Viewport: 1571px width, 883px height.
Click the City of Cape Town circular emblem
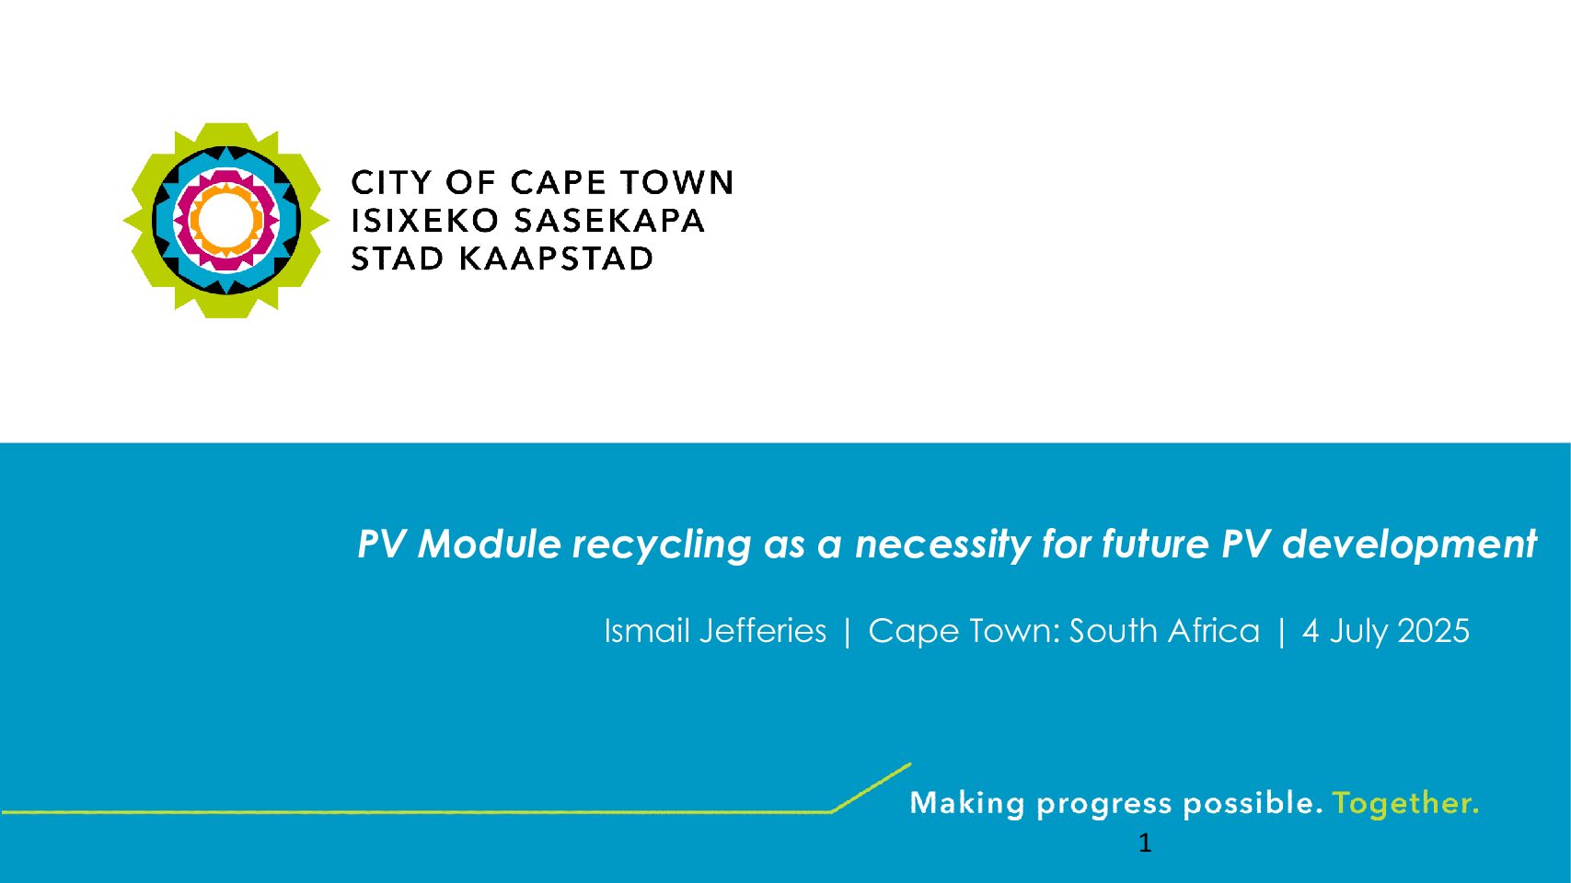[225, 220]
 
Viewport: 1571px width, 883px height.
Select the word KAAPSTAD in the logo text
[556, 258]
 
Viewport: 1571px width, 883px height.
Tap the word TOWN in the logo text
[676, 182]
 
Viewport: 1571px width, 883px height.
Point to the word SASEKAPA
[609, 220]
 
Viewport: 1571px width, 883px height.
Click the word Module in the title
[490, 544]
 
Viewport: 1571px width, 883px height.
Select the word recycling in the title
[662, 545]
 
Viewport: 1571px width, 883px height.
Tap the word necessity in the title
[942, 545]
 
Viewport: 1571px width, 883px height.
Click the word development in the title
[1410, 545]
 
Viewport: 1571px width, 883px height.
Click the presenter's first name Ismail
[647, 631]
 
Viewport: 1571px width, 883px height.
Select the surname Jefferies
[763, 631]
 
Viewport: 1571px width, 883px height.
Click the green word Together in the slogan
[1405, 803]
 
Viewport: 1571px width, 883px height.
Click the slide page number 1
[1145, 843]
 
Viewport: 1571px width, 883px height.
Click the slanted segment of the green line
[871, 787]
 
